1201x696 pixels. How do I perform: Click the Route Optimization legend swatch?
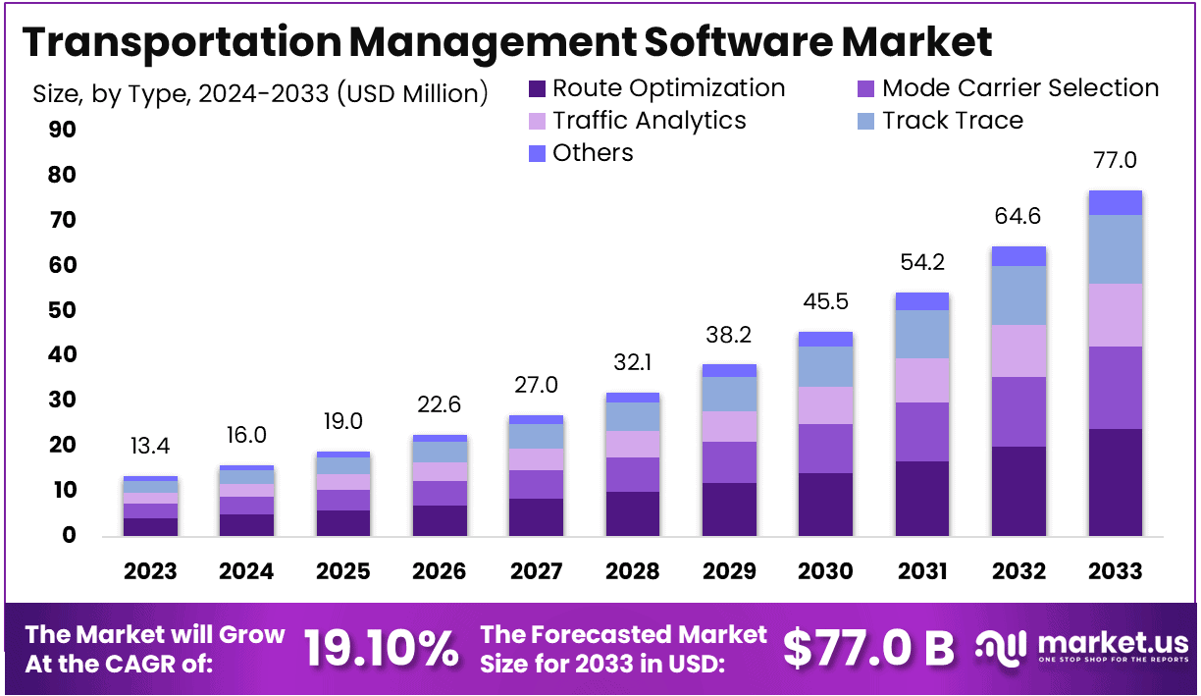coord(537,88)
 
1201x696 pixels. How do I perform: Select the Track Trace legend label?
coord(952,121)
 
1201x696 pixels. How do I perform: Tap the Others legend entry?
coord(593,153)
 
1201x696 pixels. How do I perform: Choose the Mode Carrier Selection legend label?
coord(1020,88)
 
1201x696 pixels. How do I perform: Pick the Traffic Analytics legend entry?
coord(649,121)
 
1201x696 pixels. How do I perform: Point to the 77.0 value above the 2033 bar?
coord(1116,161)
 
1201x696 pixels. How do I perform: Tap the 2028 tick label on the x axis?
coord(633,571)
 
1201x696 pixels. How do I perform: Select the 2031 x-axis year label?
coord(922,571)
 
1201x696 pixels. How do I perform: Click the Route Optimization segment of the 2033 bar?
coord(1116,481)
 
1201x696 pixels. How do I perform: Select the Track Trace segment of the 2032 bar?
coord(1018,294)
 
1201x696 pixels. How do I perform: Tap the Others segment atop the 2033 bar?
coord(1116,202)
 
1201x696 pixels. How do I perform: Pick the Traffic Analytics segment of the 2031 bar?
coord(922,380)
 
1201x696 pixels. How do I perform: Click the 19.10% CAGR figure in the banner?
coord(381,648)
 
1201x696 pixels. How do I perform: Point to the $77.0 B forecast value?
coord(868,648)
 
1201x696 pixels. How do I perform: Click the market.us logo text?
coord(1113,643)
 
